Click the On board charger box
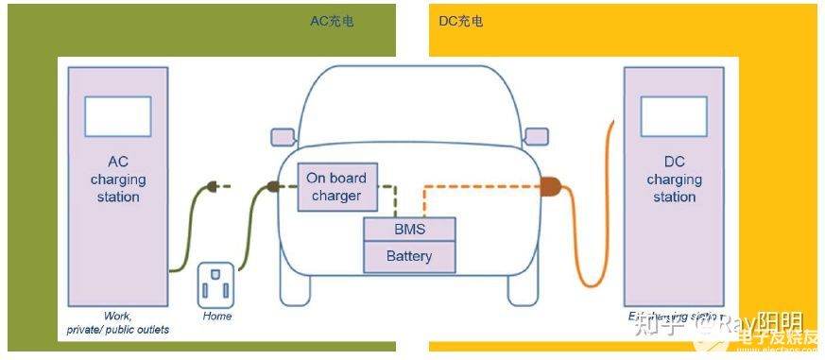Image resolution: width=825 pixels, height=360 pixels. point(336,186)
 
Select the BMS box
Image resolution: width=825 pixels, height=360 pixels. point(409,230)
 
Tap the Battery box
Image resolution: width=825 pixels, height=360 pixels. point(409,256)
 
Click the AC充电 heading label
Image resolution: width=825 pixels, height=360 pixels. point(332,21)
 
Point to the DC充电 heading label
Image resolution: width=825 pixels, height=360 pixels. point(461,21)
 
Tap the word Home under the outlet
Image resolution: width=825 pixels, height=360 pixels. point(216,316)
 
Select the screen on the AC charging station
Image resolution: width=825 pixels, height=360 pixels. point(118,116)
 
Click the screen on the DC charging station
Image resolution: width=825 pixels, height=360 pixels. point(674,116)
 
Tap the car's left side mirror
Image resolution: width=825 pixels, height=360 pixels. point(284,136)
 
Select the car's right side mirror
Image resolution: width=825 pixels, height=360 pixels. point(536,136)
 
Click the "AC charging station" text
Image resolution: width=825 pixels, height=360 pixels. point(118,180)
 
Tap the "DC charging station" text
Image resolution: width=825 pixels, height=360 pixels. point(674,180)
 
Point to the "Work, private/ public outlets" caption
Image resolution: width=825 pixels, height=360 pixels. point(118,322)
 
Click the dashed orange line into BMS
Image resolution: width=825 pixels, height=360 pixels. point(473,186)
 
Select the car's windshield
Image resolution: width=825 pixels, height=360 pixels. point(409,109)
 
